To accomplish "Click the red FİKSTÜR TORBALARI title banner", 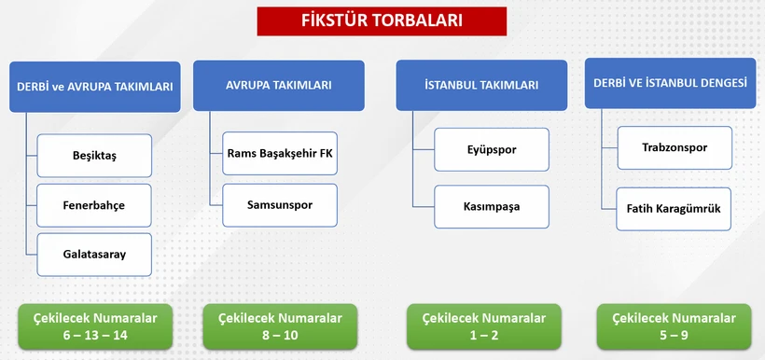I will pos(382,21).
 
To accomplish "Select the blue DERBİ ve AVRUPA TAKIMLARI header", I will pos(94,87).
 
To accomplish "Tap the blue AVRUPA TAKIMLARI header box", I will pos(278,86).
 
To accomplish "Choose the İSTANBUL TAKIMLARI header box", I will pos(481,86).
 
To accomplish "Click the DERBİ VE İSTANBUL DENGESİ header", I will pos(670,83).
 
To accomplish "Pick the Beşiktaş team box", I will pos(94,156).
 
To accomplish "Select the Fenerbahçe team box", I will pos(94,205).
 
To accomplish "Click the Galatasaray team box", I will pos(94,254).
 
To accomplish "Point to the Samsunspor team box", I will pos(280,204).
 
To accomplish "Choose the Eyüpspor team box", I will pos(492,149).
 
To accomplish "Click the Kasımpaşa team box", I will pos(492,206).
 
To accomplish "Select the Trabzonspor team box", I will pos(675,148).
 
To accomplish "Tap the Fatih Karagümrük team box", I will pos(675,209).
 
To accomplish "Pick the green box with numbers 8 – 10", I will pos(280,326).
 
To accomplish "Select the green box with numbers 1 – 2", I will pos(483,326).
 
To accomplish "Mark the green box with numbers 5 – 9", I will pos(673,326).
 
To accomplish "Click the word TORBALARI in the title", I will pos(419,21).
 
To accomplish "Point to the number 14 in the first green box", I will pos(120,335).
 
